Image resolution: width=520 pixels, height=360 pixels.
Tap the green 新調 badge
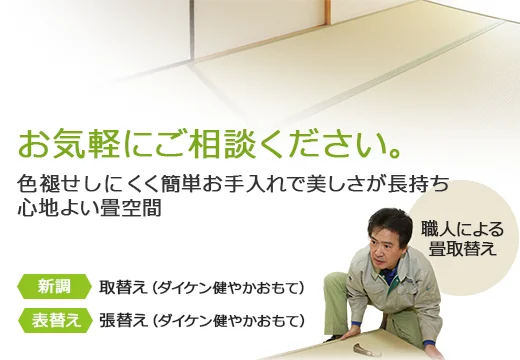[x=54, y=287]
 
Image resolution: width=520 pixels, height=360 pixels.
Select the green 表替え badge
[x=54, y=320]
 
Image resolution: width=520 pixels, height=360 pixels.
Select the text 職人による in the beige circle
[x=462, y=228]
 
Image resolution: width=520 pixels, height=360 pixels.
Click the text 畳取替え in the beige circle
[x=463, y=249]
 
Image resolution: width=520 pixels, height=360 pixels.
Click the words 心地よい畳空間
[x=89, y=210]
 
